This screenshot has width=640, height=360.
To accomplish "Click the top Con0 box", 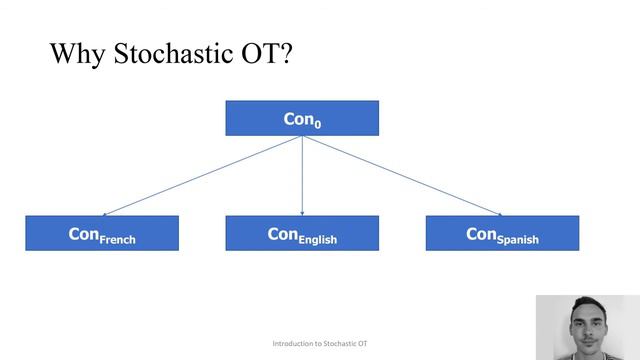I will point(302,118).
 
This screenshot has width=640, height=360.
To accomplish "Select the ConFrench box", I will point(102,233).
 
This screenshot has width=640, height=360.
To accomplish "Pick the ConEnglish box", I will point(302,233).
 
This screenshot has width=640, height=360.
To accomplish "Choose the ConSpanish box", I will point(502,233).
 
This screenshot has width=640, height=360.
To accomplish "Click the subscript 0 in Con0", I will point(317,123).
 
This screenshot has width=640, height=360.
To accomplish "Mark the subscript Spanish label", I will point(518,240).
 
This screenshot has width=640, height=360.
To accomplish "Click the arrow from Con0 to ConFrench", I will point(200,176).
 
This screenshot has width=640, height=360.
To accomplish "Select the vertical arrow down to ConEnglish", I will point(302,175).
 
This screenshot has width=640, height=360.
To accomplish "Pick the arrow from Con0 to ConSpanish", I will point(400,175).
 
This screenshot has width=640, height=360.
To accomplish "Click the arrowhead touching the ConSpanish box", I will point(497,213).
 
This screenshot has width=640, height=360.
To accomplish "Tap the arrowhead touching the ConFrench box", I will point(107,213).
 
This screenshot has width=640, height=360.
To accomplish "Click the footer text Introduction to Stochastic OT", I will point(320,344).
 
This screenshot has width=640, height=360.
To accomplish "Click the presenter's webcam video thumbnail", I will point(587,327).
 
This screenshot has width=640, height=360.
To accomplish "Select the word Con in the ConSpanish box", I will point(481,233).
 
